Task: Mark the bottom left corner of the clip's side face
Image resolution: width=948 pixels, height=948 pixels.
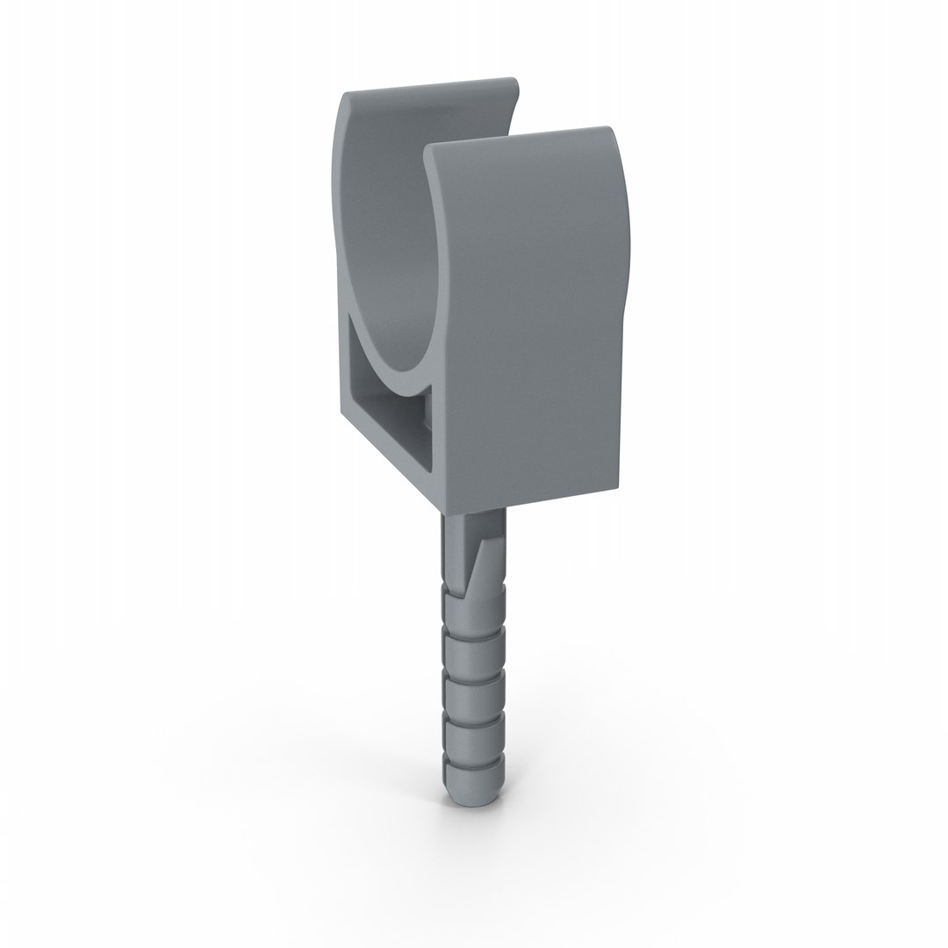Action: [341, 416]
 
